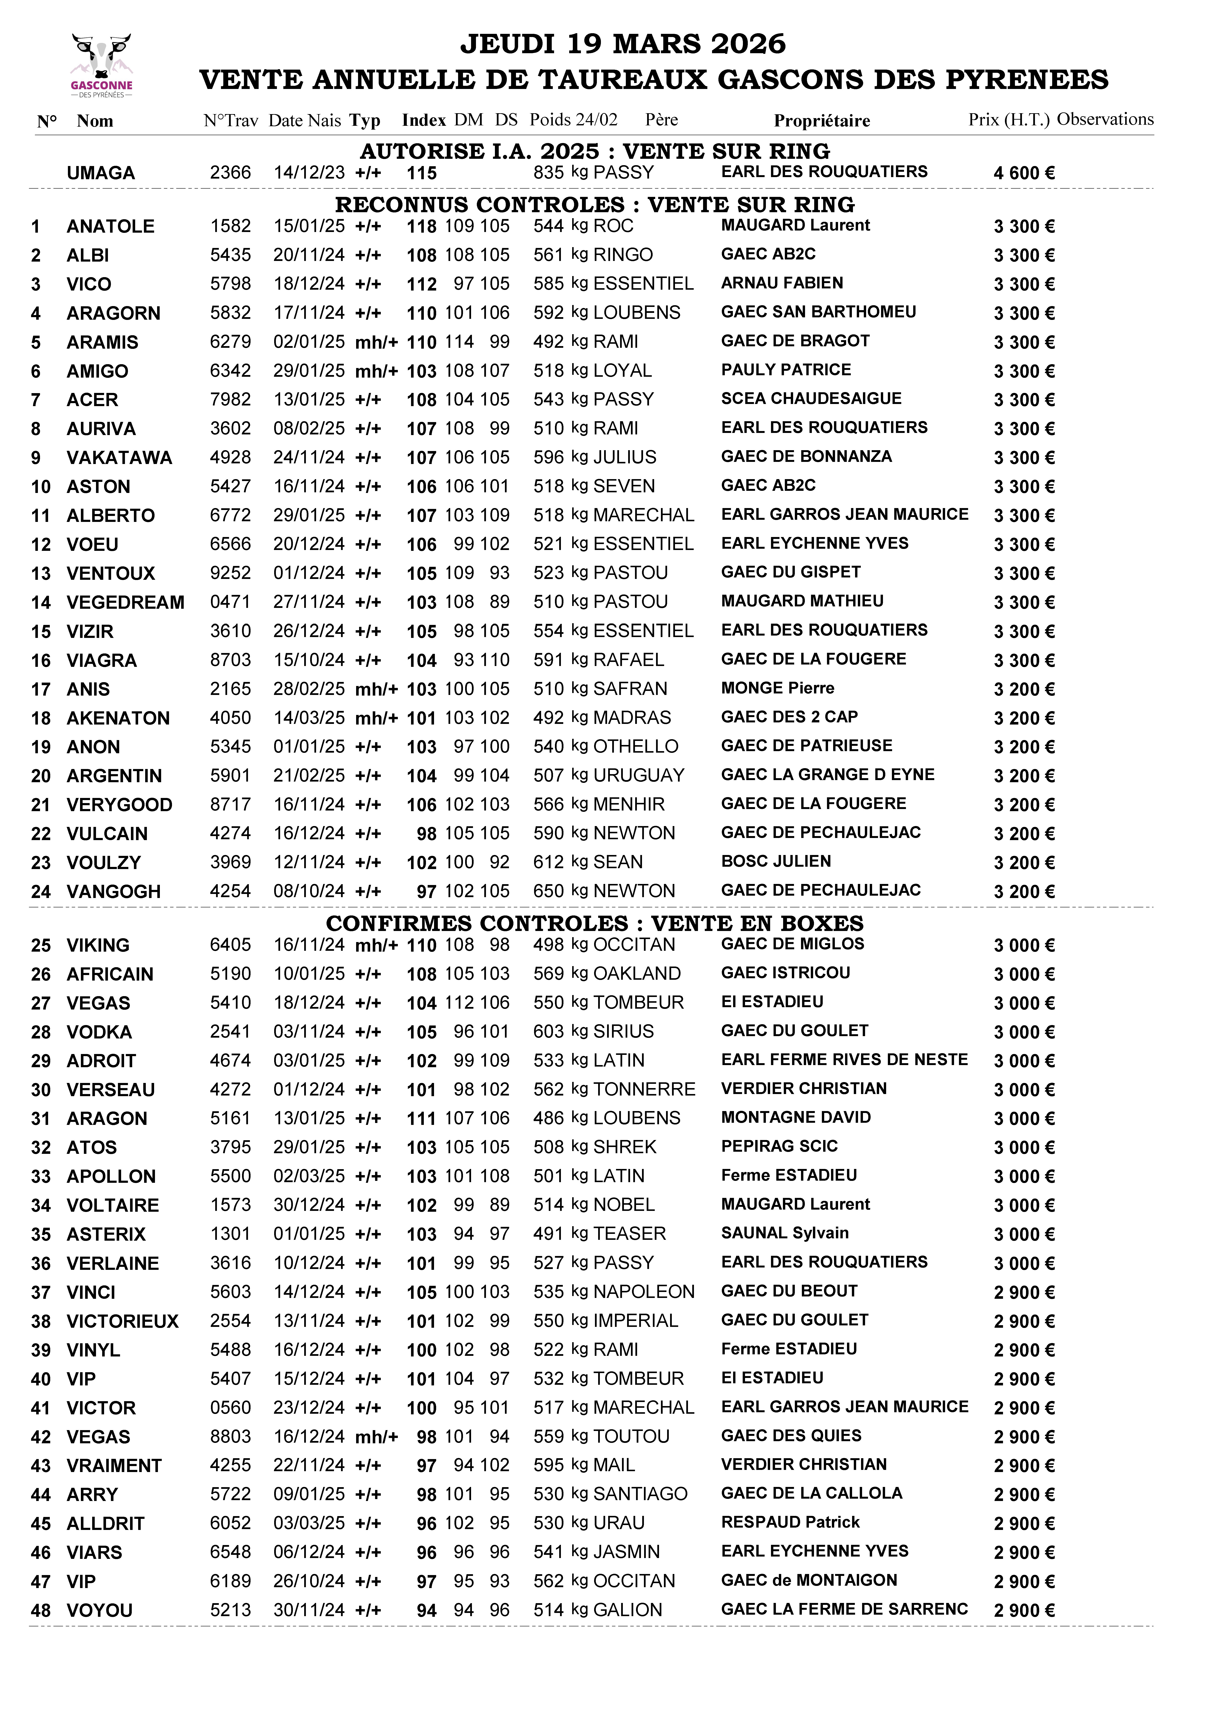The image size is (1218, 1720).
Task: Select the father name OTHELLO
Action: coord(635,747)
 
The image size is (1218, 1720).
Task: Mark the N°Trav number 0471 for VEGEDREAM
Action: coord(230,602)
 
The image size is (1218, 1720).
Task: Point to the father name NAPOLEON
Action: coord(643,1292)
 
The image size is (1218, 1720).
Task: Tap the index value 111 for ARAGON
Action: coord(421,1119)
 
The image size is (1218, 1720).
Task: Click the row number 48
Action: coord(40,1611)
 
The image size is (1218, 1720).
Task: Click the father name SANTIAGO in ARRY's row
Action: coord(640,1494)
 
